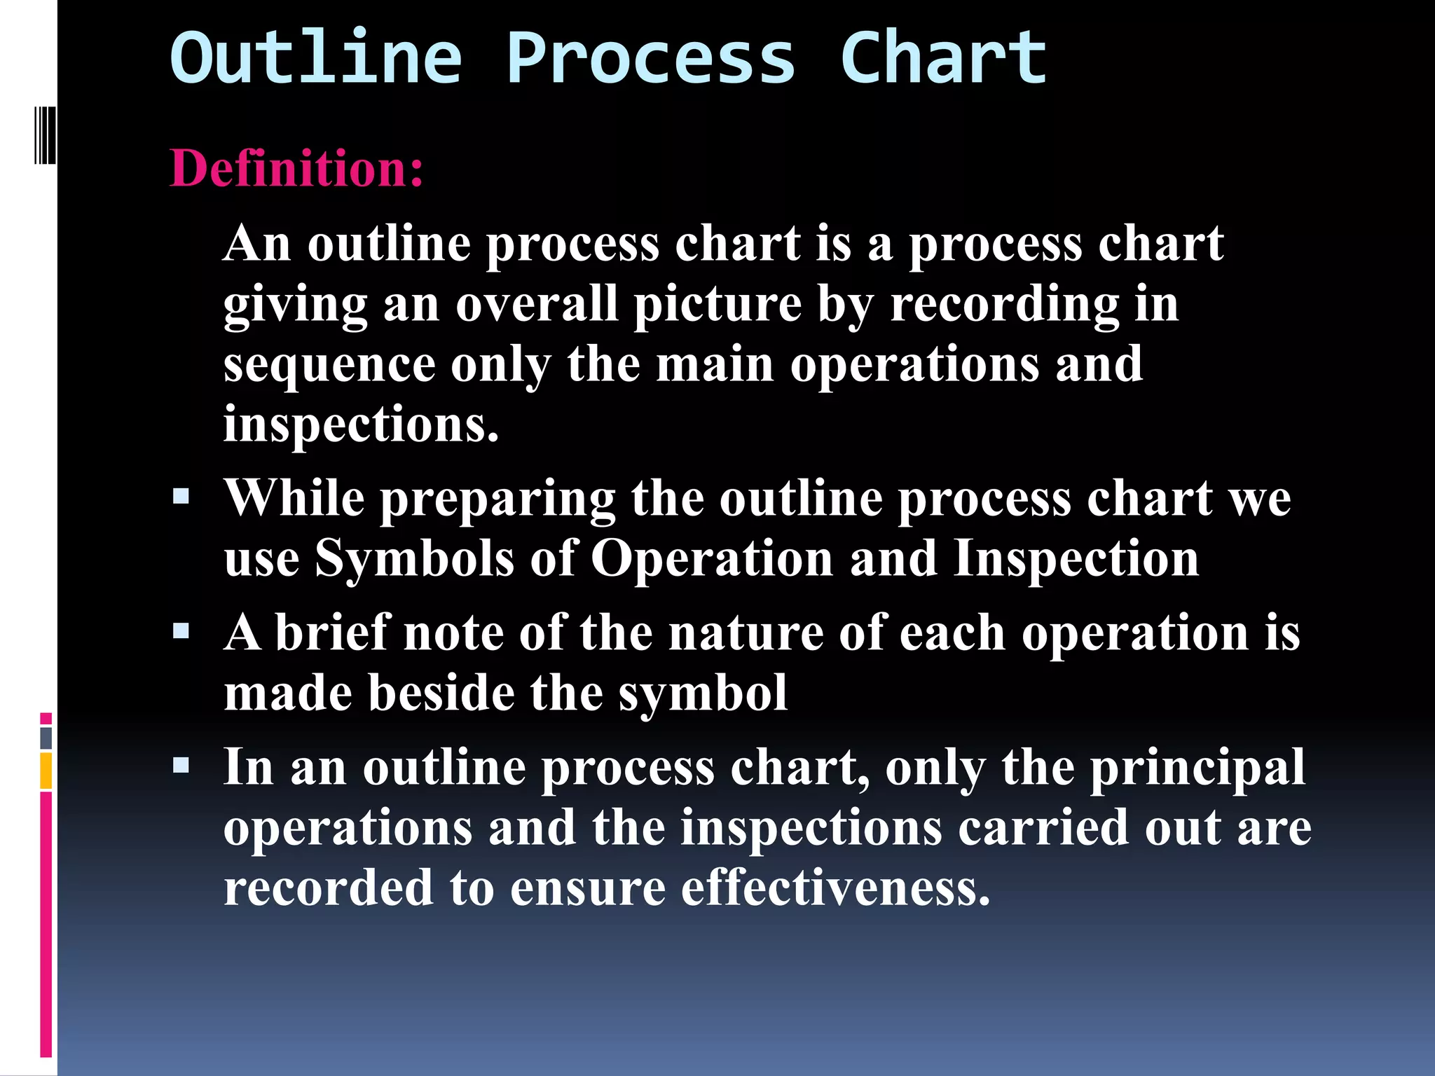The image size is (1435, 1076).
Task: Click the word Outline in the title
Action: point(316,57)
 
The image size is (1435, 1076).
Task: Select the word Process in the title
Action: point(650,57)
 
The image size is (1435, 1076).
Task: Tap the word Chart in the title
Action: point(943,57)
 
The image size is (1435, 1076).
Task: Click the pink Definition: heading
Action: point(297,168)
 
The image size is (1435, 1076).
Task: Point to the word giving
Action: point(295,305)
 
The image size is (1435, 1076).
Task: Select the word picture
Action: point(717,305)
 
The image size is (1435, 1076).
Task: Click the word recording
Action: point(1005,305)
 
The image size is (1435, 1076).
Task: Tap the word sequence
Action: point(329,366)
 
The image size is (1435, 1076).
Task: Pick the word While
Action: point(294,498)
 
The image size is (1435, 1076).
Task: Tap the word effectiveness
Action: point(835,888)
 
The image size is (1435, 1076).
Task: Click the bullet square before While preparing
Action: point(181,497)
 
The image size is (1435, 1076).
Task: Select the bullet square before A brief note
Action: point(181,632)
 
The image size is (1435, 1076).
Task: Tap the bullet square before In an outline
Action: point(181,766)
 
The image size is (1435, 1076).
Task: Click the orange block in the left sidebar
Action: point(46,771)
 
